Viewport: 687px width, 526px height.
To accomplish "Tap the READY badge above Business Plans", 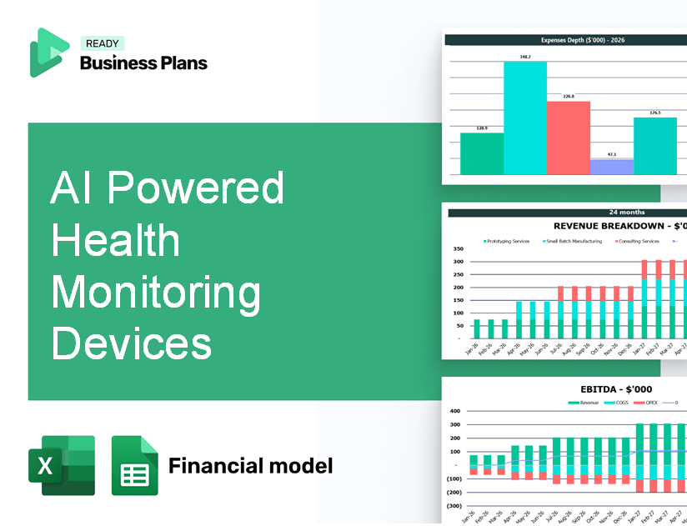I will (102, 43).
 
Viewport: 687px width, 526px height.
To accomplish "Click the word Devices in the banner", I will (131, 343).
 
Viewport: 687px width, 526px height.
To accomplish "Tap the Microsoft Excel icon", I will (61, 465).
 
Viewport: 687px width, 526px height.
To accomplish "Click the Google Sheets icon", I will (134, 465).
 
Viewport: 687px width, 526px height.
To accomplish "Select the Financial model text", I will (250, 465).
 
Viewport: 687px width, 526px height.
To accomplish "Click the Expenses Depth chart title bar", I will (565, 39).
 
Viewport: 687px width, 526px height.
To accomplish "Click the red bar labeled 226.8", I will (569, 138).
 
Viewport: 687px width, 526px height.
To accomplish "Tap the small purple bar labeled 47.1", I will (612, 167).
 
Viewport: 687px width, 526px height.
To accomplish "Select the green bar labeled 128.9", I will (482, 153).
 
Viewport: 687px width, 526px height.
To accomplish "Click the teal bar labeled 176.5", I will (655, 146).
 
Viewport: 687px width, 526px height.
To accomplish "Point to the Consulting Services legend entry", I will (639, 241).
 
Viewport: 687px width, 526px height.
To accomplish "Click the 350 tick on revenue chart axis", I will (458, 248).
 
